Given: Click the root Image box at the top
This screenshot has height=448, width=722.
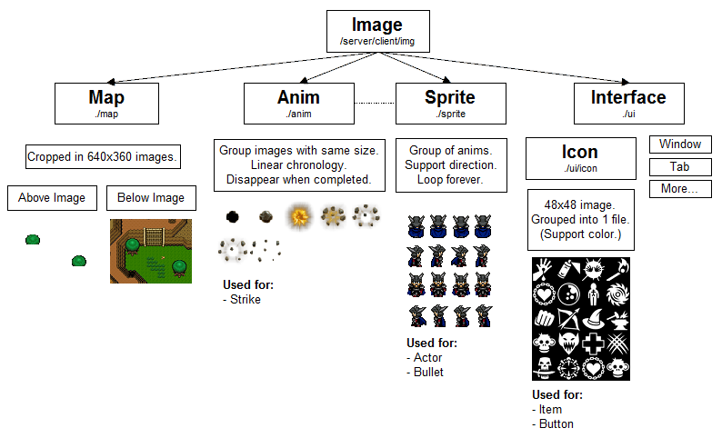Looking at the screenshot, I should click(x=376, y=31).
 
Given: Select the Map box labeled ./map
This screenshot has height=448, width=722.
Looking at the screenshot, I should click(x=106, y=103).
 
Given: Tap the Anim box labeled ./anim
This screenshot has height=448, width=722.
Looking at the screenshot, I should click(x=298, y=103).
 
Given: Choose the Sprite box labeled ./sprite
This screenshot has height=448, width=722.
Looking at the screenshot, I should click(x=450, y=103).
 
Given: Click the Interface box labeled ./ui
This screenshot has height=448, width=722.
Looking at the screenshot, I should click(x=628, y=103).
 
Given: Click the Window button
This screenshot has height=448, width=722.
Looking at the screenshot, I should click(x=679, y=144).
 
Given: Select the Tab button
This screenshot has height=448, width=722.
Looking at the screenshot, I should click(x=679, y=167).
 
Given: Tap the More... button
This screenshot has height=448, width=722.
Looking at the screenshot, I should click(x=679, y=190).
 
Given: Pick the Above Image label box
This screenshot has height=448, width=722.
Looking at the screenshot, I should click(x=52, y=198).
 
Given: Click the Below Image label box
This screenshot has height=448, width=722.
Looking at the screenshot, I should click(x=150, y=198).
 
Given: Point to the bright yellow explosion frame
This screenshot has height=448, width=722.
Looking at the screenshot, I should click(x=300, y=216).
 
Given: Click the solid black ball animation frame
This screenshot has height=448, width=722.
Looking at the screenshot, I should click(x=233, y=216).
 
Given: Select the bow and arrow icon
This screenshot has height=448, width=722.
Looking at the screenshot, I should click(x=568, y=320).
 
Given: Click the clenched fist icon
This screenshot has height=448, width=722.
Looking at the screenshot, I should click(x=544, y=320).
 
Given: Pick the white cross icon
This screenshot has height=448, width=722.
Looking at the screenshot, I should click(x=593, y=344).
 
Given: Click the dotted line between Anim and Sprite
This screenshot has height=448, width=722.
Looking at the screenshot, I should click(x=374, y=103).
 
